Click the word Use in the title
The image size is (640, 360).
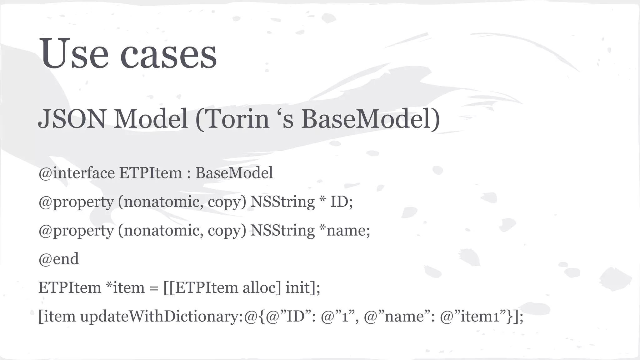click(74, 54)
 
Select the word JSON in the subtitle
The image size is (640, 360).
click(72, 119)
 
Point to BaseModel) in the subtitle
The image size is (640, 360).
click(370, 119)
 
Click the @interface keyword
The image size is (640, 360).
click(77, 173)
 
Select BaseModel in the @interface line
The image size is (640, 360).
click(234, 173)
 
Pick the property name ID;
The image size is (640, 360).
click(342, 202)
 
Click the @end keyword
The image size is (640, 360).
click(59, 259)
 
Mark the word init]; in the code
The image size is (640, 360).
click(303, 288)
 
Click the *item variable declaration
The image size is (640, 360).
click(125, 288)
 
